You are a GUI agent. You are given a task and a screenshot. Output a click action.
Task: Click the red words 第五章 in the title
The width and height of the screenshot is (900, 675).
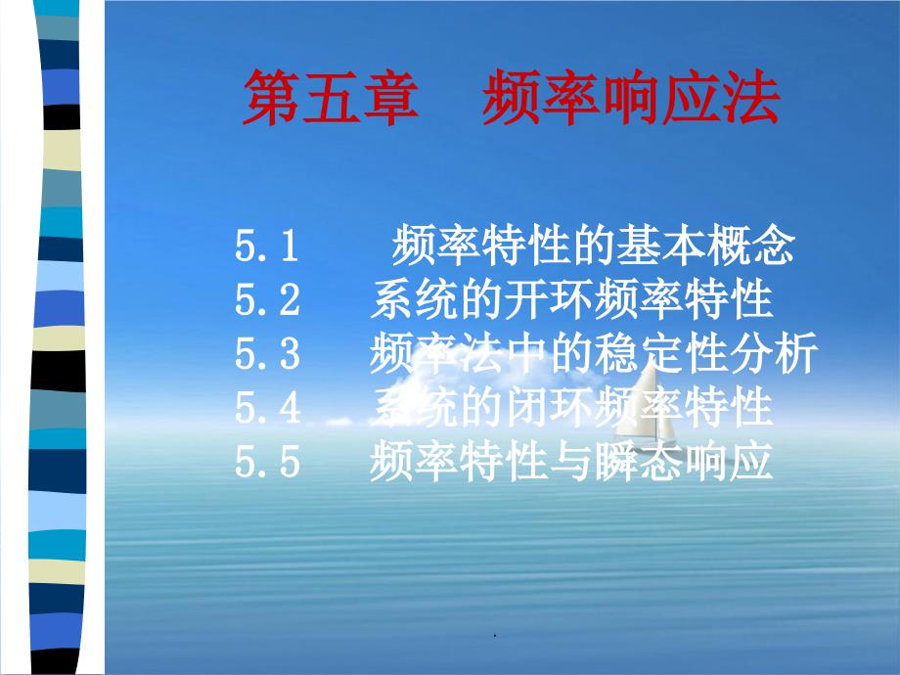coord(331,97)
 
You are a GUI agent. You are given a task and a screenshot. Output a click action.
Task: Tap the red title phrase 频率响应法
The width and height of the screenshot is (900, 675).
coord(631,97)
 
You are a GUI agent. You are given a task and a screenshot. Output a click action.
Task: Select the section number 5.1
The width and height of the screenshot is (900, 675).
coord(266,246)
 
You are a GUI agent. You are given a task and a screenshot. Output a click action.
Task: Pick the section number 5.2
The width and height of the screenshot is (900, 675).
coord(267,299)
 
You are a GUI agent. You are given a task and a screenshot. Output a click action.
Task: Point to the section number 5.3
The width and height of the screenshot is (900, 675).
coord(267,353)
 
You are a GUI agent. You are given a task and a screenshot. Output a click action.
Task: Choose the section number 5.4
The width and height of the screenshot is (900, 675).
coord(267,407)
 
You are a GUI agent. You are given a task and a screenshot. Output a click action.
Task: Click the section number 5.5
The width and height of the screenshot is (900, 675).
coord(267,461)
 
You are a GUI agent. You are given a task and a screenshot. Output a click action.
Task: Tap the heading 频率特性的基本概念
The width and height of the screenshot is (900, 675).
coord(594,246)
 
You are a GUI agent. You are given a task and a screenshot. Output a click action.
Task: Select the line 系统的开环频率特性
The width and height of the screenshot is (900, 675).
coord(571,299)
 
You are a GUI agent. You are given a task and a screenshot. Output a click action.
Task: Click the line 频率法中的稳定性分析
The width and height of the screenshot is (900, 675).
coord(594,353)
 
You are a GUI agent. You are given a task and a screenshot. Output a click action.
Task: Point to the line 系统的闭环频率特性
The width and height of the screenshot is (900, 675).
coord(571,407)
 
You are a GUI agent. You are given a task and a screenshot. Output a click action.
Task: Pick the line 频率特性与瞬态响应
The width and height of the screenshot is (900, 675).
coord(571,461)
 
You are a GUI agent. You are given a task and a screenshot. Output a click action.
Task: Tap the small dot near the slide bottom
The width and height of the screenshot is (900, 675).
coord(495,636)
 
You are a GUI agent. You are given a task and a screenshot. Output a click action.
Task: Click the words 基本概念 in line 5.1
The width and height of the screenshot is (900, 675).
coord(706,246)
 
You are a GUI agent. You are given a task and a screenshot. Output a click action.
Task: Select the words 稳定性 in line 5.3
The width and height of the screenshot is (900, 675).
coord(660,353)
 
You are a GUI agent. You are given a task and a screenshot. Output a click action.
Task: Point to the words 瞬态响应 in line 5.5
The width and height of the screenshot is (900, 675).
coord(683,461)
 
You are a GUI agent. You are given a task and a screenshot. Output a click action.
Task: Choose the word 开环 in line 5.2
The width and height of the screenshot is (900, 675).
coord(549,299)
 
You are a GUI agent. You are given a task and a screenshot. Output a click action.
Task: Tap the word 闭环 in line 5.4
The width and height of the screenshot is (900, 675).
coord(549,407)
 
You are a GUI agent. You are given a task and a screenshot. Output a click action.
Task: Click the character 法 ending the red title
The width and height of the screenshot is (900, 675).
coord(750,97)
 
